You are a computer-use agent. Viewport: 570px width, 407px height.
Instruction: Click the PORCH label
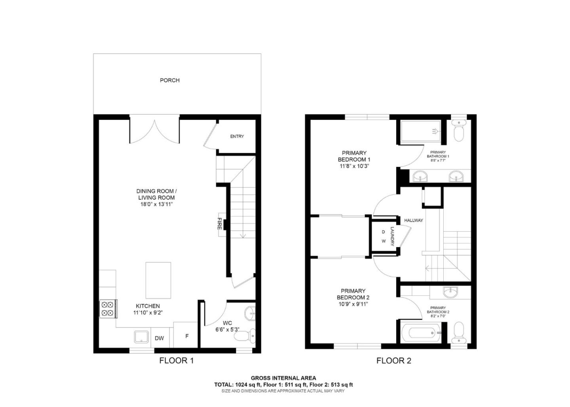point(169,80)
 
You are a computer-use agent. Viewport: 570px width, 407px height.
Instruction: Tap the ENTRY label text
point(237,136)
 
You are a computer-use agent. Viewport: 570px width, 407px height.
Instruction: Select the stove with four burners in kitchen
point(107,309)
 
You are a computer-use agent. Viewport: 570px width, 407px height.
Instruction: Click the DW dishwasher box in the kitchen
point(159,338)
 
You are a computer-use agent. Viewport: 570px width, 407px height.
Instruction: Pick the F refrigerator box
point(187,336)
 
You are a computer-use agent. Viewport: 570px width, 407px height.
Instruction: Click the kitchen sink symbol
point(141,337)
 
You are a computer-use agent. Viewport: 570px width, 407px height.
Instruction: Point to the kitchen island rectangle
point(158,280)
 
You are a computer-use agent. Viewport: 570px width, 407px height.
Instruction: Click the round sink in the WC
point(250,313)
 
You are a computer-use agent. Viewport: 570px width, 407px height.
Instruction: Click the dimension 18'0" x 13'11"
point(156,204)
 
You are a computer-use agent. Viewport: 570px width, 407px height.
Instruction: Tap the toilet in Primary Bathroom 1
point(459,133)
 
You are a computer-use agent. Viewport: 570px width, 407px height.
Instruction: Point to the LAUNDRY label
point(392,236)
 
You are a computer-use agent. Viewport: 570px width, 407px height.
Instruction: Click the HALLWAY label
point(413,220)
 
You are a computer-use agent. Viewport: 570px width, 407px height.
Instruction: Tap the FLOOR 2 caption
point(393,361)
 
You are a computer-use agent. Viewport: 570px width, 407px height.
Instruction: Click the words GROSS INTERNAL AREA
point(283,378)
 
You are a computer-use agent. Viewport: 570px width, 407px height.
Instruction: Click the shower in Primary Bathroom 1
point(420,131)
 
